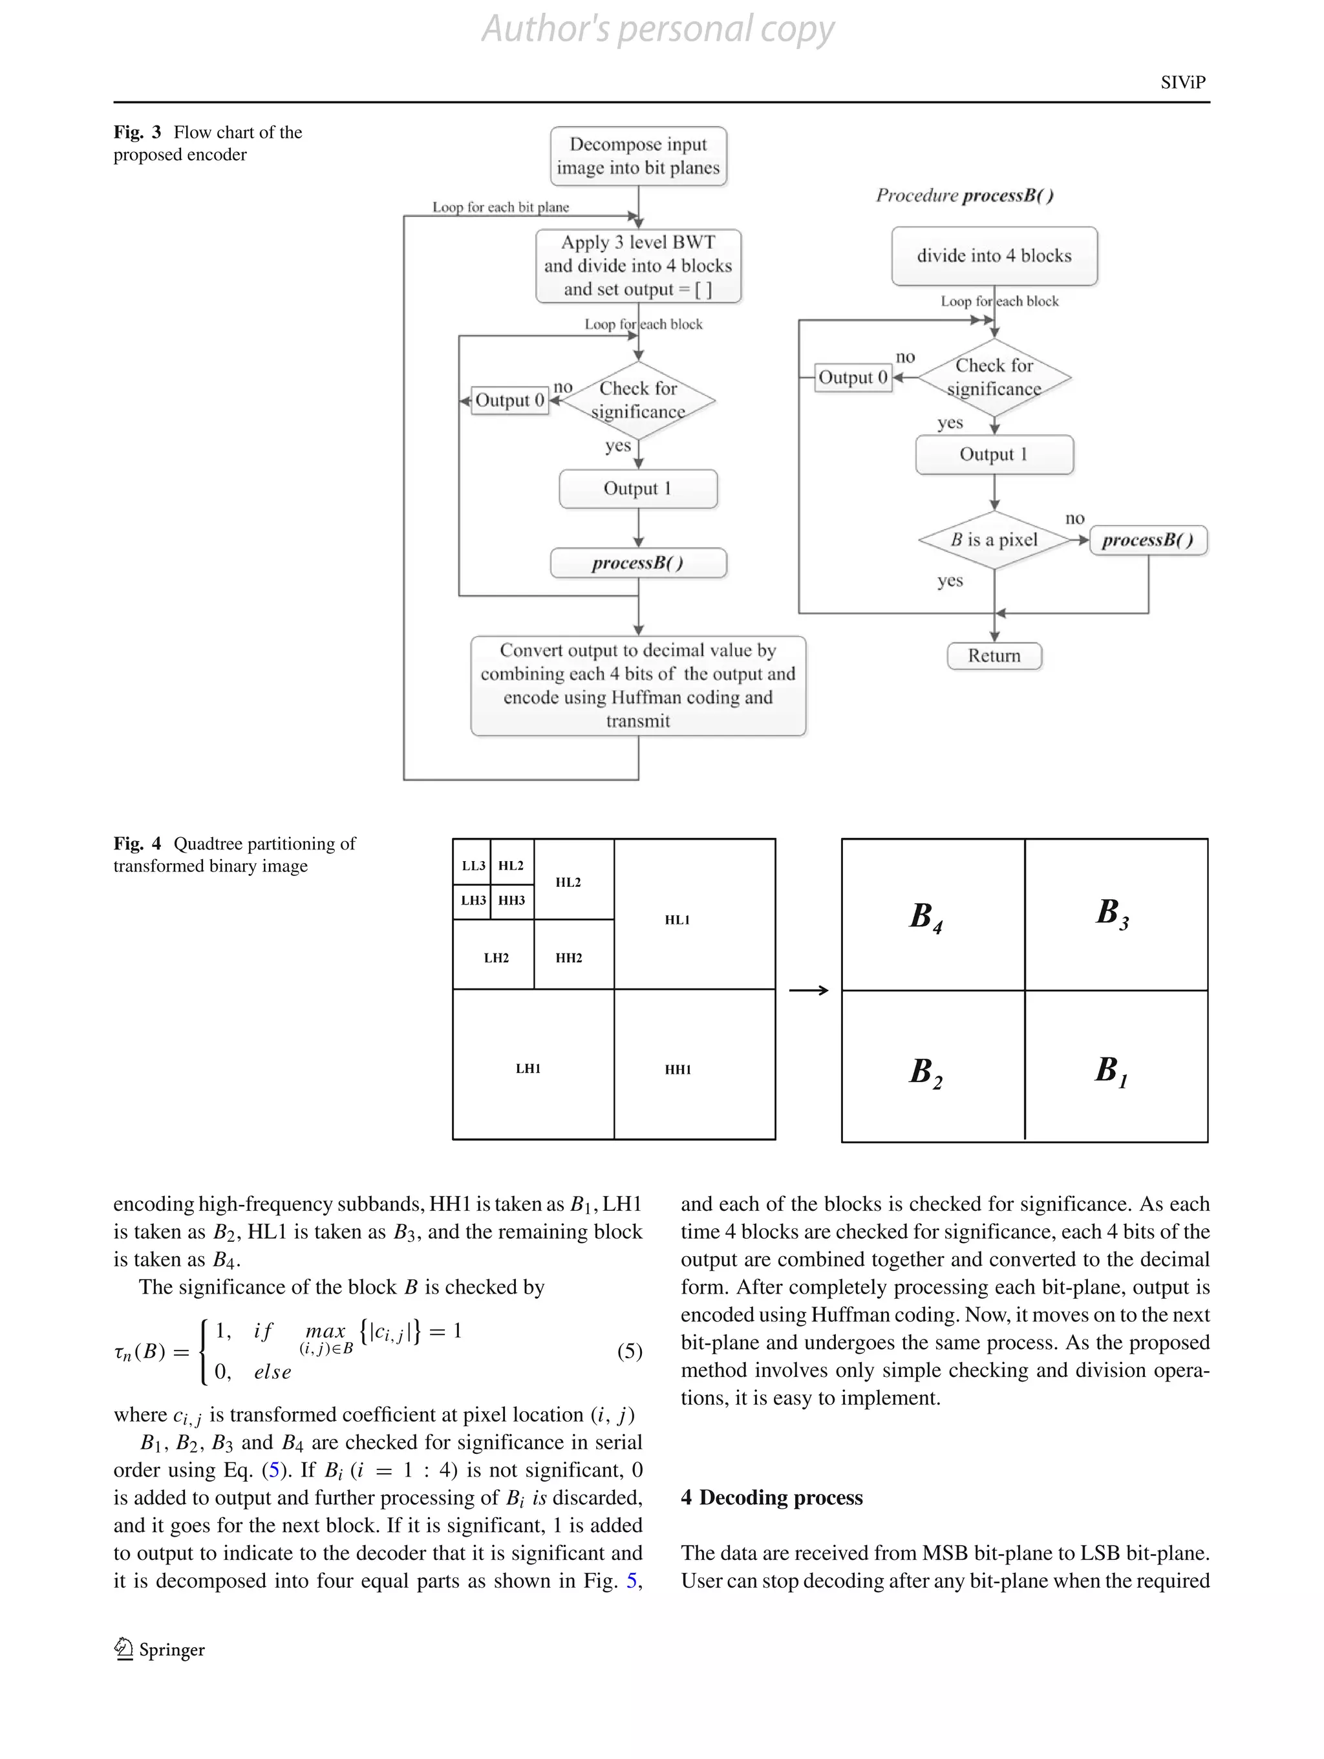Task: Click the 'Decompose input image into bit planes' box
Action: [x=637, y=156]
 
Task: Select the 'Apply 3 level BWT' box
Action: [x=637, y=266]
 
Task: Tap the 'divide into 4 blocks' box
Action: [x=994, y=255]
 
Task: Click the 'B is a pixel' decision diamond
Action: [x=994, y=540]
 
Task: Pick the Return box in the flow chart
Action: [x=994, y=656]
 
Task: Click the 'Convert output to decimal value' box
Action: [x=637, y=685]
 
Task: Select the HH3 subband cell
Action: [x=511, y=900]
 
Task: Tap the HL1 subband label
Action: [x=677, y=920]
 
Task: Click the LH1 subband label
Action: [x=528, y=1069]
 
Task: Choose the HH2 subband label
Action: [x=568, y=958]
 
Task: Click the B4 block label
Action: [x=926, y=916]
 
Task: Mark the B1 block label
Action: [x=1111, y=1071]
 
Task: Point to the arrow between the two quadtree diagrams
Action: [x=809, y=990]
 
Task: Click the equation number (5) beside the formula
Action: [x=629, y=1351]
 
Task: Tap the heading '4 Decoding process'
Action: [x=771, y=1497]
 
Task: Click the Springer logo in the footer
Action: [x=124, y=1649]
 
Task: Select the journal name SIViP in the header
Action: [x=1182, y=83]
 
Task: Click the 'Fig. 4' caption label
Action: [x=137, y=844]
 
